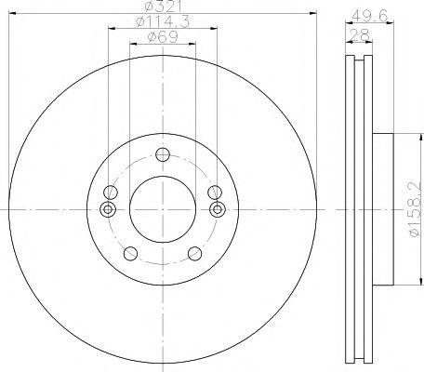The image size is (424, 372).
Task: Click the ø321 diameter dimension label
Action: coord(163,7)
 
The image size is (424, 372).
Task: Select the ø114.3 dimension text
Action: coord(163,22)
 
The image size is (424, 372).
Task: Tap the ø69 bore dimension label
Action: coord(164,37)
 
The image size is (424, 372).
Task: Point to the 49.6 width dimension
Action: coord(370,16)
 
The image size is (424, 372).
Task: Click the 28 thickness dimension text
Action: coord(359,34)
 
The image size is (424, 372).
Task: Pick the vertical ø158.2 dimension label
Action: coord(416,208)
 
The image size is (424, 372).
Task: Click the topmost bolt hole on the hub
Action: coord(163,154)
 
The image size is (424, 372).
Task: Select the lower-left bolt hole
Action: coord(130,254)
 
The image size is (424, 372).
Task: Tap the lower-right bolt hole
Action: coord(195,254)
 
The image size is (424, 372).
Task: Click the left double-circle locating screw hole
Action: coord(108,209)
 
